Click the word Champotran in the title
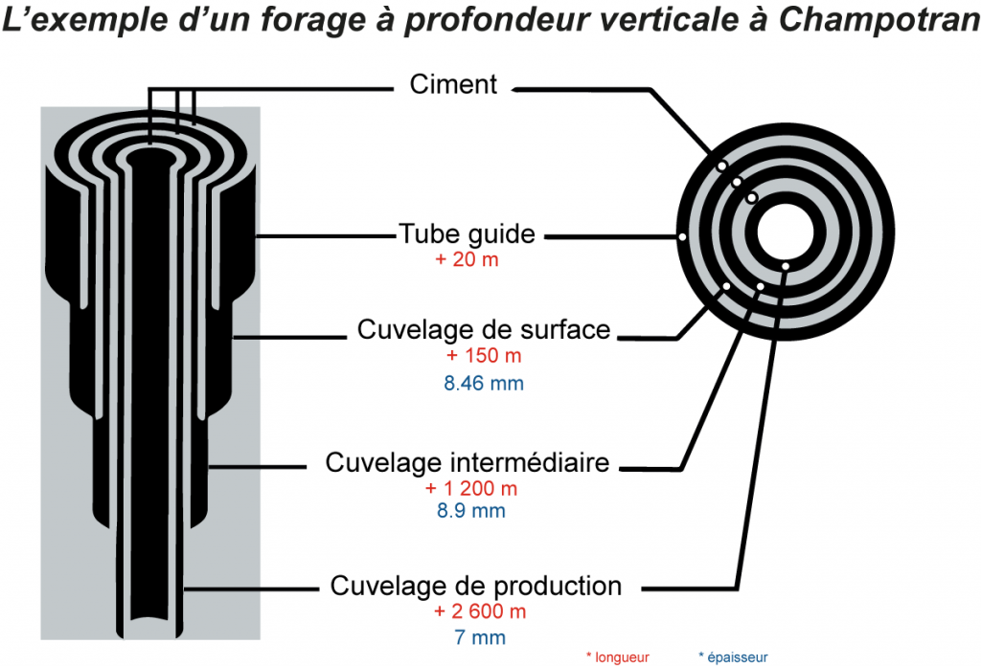coord(878,22)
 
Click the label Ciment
coord(453,84)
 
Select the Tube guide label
coord(467,234)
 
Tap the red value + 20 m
coord(467,260)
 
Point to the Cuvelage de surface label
coord(483,330)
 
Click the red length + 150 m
coord(483,356)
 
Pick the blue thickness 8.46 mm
coord(483,384)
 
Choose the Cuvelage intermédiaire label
coord(468,463)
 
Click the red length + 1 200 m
coord(471,489)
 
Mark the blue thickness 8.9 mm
coord(471,511)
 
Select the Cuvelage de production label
coord(476,586)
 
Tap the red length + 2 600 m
coord(479,611)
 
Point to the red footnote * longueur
coord(617,657)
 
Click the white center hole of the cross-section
coord(786,233)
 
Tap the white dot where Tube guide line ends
coord(681,236)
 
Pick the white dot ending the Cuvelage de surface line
coord(727,285)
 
